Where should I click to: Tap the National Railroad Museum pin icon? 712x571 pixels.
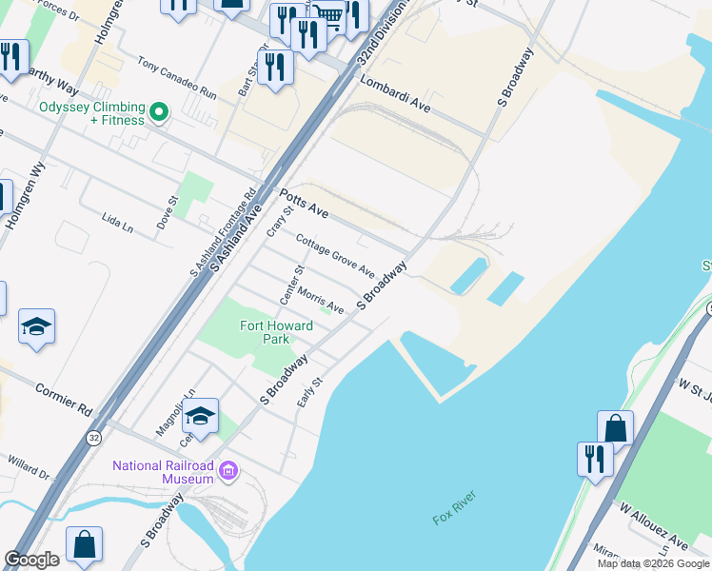coord(227,471)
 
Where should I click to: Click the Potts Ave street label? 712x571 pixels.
coord(304,204)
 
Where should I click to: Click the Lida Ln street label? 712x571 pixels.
coord(116,222)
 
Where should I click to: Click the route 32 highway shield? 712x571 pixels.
coord(93,438)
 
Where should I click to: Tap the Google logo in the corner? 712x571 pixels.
coord(31,560)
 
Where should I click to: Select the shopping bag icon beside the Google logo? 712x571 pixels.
coord(85,545)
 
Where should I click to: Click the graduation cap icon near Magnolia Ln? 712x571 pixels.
coord(201,416)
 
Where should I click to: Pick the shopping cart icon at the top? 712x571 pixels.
coord(328,15)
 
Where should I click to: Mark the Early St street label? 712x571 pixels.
coord(311,391)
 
